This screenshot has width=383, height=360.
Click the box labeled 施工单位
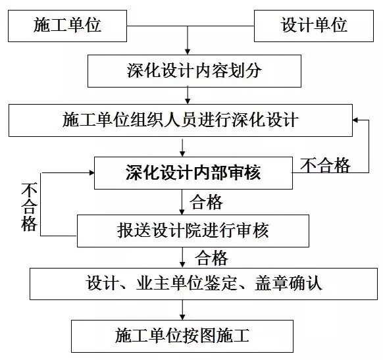[x=67, y=25]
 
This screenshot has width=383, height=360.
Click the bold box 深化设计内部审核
[x=192, y=172]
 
